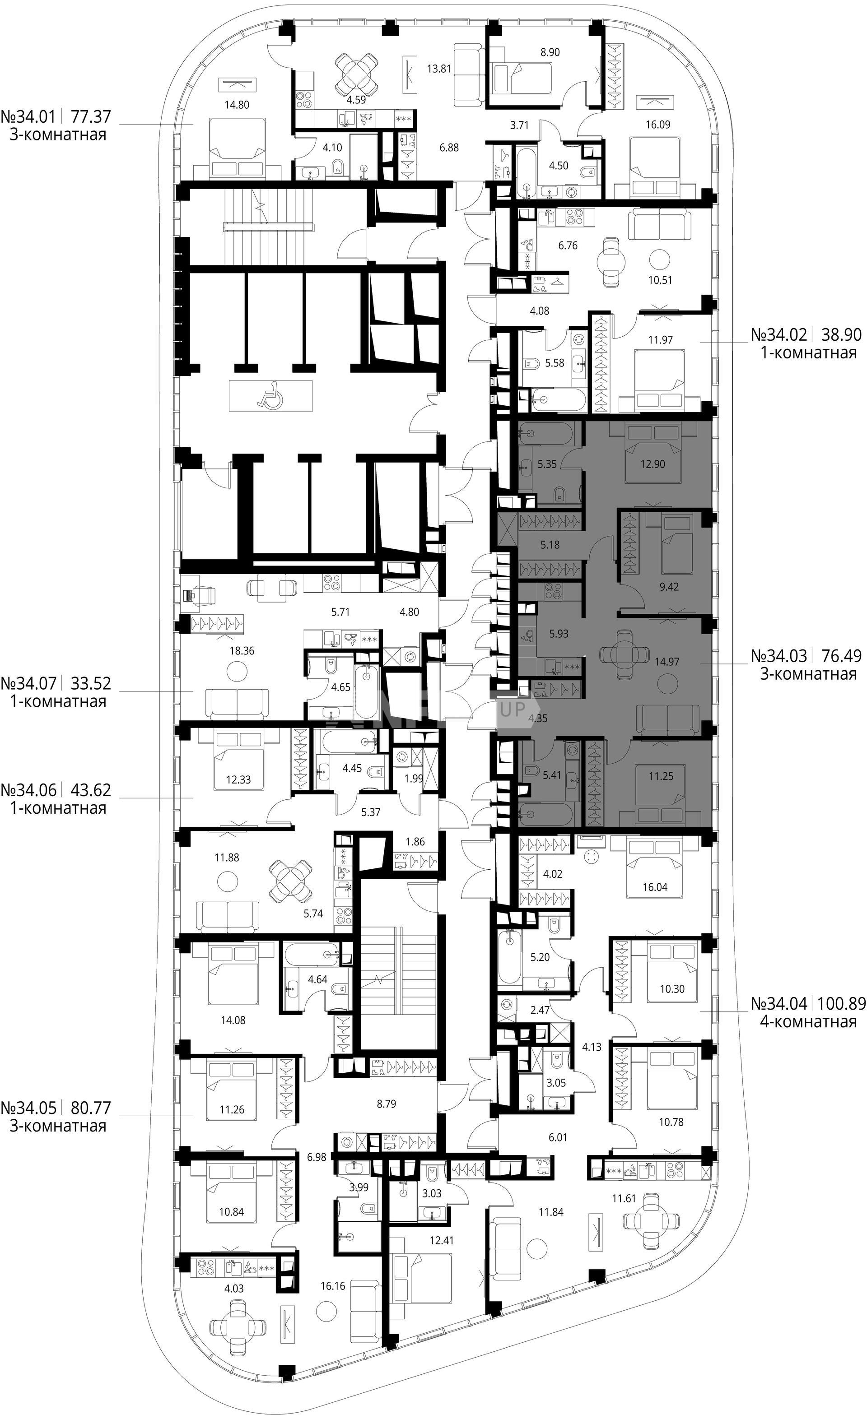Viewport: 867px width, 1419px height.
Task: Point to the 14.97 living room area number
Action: (x=667, y=662)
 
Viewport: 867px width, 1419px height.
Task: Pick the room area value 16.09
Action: (x=657, y=125)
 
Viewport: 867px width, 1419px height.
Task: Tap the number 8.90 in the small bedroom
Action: (x=550, y=52)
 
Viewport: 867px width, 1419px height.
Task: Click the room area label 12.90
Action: (x=652, y=464)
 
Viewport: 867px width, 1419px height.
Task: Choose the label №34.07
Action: (x=29, y=684)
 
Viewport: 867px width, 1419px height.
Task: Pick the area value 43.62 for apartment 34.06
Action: (x=90, y=789)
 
